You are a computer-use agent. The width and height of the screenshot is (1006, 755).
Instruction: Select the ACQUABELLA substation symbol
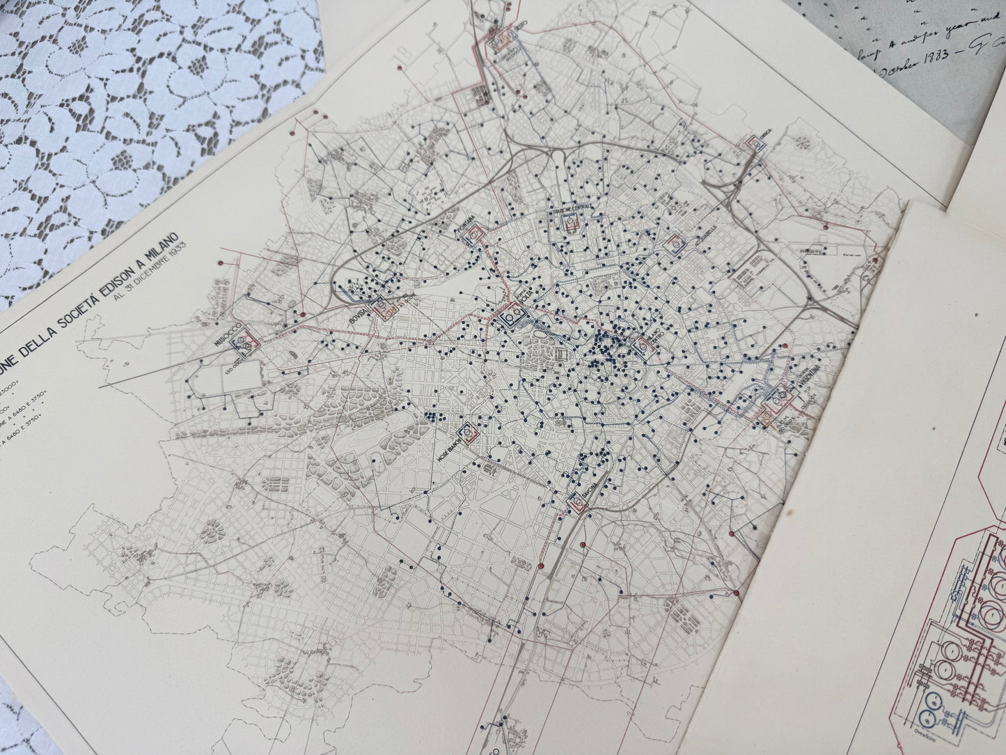[675, 244]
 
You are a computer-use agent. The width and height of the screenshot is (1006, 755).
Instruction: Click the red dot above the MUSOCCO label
[221, 263]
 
